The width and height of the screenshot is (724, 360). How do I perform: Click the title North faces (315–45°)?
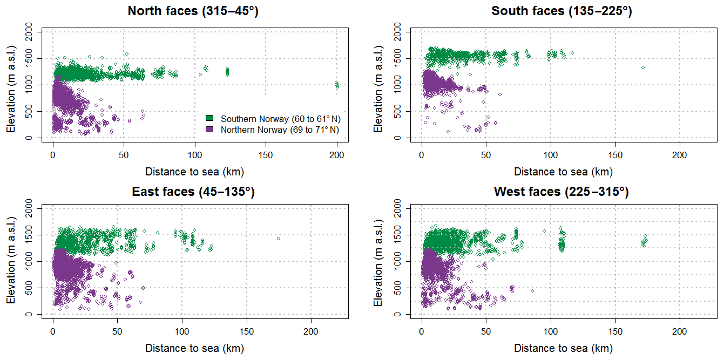193,11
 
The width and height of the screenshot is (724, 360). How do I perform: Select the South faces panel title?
561,11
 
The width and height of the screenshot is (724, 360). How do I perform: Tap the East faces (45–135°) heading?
193,192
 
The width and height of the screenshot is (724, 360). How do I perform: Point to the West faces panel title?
561,192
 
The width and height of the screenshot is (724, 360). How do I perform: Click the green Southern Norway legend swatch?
210,118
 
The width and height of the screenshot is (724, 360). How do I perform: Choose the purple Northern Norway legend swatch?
210,130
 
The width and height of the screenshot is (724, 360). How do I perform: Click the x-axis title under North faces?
194,172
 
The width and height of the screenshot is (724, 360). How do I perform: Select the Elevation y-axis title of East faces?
10,261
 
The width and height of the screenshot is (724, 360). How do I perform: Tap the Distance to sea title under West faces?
563,349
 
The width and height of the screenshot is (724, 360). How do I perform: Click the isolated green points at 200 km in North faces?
337,85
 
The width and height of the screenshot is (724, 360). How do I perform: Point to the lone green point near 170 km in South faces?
643,67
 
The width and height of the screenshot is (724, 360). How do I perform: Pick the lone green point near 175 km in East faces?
279,239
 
